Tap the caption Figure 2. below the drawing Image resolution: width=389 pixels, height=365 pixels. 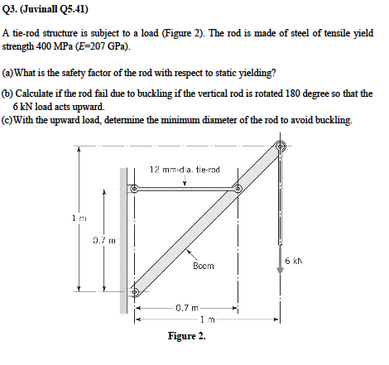(x=186, y=336)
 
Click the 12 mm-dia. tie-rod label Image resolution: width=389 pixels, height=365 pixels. (x=184, y=169)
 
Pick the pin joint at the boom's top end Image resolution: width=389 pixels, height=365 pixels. (x=281, y=147)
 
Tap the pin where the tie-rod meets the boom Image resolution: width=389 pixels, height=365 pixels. (x=238, y=189)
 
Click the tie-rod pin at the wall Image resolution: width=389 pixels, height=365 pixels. (x=134, y=190)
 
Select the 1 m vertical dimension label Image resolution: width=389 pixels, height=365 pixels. (x=74, y=219)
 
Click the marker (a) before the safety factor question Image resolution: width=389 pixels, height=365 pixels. (x=8, y=70)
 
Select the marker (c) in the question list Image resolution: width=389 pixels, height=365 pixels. (x=8, y=121)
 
